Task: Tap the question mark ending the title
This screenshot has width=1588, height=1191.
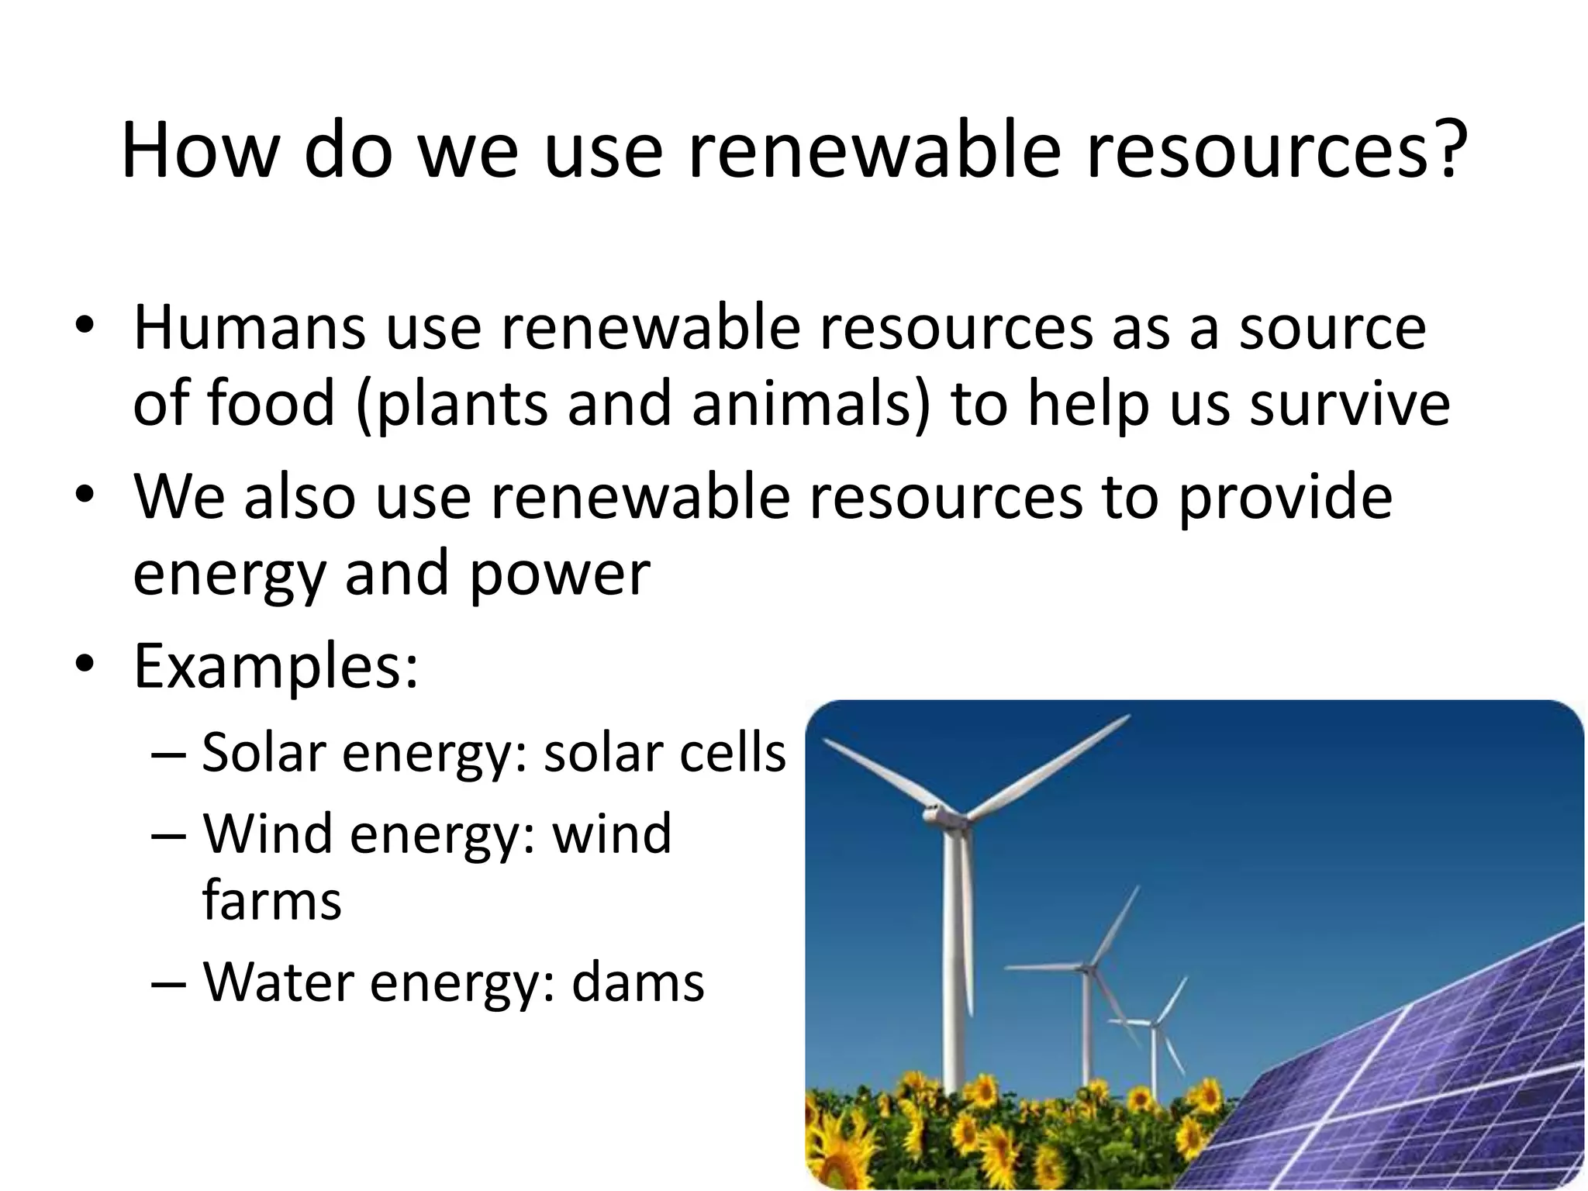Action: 1444,150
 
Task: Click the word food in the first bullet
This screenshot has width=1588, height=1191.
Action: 271,403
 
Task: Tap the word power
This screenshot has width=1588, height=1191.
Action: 559,575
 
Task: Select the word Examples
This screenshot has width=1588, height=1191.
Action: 275,667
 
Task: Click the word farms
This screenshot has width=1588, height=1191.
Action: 271,901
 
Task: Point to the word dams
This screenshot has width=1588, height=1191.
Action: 637,982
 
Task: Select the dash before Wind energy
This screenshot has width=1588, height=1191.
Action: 168,836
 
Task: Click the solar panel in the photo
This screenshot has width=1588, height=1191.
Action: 1411,1078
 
